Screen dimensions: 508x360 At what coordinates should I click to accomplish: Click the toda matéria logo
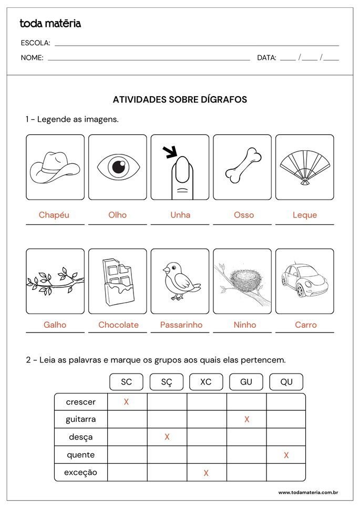click(x=50, y=23)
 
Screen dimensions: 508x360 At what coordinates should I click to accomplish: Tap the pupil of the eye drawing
click(x=118, y=167)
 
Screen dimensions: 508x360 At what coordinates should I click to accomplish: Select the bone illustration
click(x=243, y=166)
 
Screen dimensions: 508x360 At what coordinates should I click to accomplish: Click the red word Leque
click(x=305, y=215)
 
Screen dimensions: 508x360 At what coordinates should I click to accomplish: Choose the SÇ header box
click(x=167, y=382)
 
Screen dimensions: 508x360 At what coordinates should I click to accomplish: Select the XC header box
click(x=206, y=382)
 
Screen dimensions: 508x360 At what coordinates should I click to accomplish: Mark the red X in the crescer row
click(x=126, y=402)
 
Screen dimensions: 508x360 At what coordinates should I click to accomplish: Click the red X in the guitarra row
click(x=246, y=419)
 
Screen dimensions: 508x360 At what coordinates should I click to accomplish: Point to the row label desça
click(x=80, y=437)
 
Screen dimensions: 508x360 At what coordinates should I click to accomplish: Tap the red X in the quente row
click(x=286, y=455)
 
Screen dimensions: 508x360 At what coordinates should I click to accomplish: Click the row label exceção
click(x=80, y=472)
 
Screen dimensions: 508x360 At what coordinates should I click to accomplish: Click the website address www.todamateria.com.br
click(x=307, y=492)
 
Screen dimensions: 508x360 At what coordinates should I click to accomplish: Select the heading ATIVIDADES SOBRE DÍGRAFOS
click(x=180, y=99)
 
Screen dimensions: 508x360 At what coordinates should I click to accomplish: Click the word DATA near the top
click(x=266, y=58)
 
